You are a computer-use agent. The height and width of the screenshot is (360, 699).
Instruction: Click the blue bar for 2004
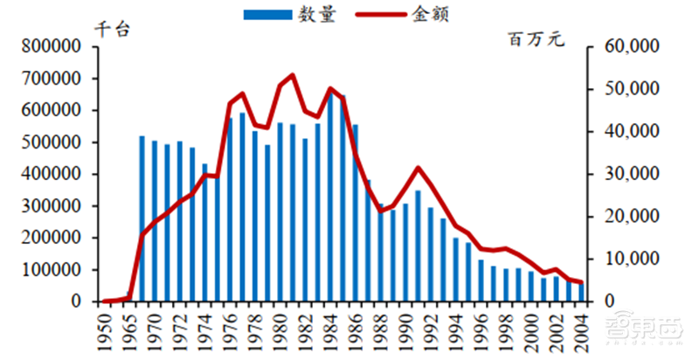pos(578,293)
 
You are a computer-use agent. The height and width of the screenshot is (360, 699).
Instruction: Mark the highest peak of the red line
pos(292,75)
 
